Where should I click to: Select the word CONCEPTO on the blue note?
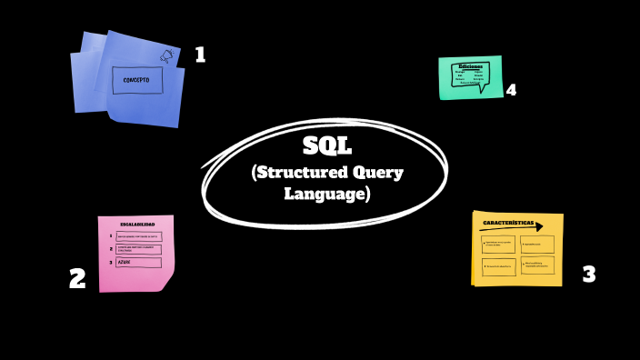137,80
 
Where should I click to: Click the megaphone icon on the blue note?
166,56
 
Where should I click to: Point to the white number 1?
200,55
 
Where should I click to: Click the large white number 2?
78,278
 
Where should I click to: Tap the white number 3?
588,274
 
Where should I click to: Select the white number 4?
511,90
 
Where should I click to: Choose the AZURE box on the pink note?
137,263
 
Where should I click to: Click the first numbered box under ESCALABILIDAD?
137,236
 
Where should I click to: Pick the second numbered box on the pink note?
137,249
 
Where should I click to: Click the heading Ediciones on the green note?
470,66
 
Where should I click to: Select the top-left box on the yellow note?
498,245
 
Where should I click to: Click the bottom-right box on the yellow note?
537,265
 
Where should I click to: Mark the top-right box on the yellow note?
537,245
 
